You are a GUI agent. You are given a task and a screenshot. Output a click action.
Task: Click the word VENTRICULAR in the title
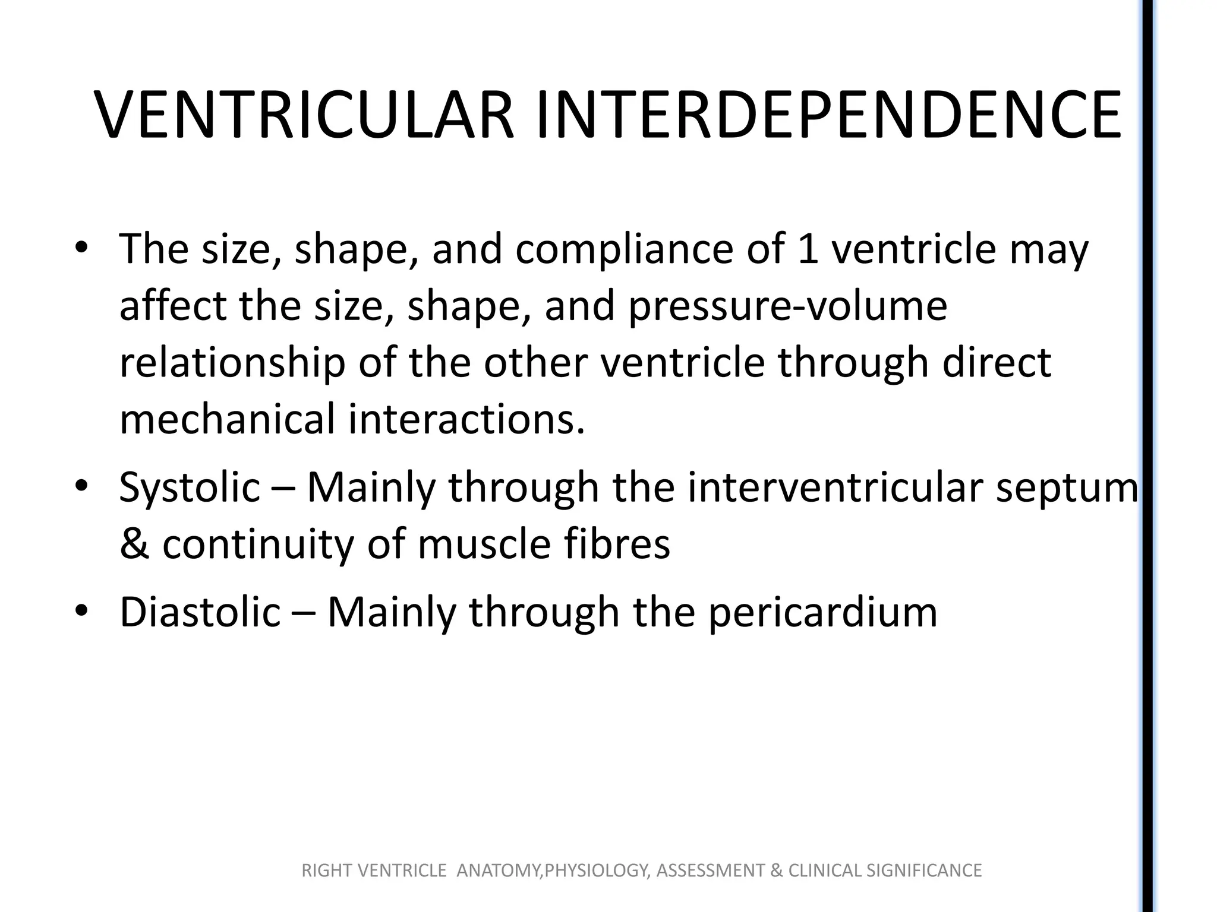304,115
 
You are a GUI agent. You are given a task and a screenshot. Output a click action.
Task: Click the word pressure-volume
787,306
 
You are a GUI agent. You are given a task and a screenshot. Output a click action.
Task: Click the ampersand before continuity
134,544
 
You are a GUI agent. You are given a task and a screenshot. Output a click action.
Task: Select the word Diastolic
200,612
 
